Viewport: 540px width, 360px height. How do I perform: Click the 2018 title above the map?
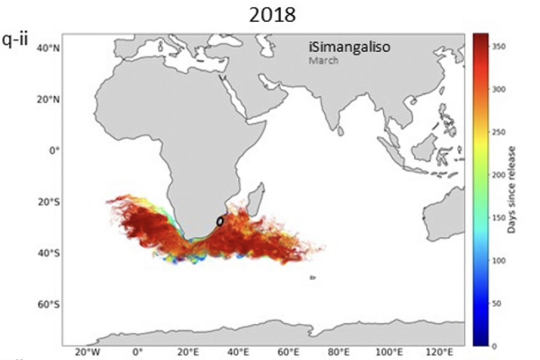pos(272,16)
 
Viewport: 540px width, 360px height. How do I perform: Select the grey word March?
pos(323,60)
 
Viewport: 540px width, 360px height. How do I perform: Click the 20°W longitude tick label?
pos(87,352)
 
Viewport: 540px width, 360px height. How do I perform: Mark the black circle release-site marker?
pos(220,221)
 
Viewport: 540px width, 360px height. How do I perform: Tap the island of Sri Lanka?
pos(340,131)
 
